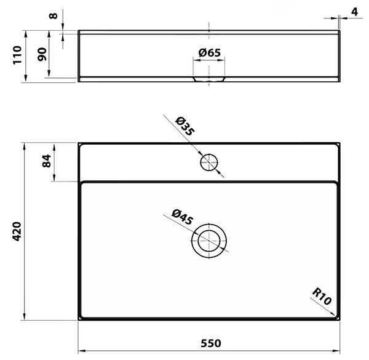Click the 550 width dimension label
click(211, 343)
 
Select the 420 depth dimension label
click(17, 231)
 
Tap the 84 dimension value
click(47, 161)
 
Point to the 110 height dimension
click(17, 55)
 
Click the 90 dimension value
click(42, 54)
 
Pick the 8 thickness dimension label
click(53, 16)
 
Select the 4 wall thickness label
click(354, 12)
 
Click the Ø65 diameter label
click(210, 53)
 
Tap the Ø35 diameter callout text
click(185, 126)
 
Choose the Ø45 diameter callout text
click(183, 217)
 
